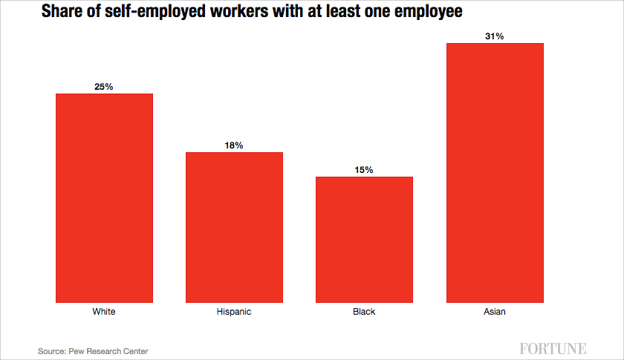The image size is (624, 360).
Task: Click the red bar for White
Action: coord(104,198)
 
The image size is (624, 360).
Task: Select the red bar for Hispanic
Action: coord(234,227)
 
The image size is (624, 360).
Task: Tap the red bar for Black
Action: coord(364,240)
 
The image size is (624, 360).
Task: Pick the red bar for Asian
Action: coord(495,173)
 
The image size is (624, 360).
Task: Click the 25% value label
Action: coord(104,87)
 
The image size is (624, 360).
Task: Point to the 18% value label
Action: coord(234,145)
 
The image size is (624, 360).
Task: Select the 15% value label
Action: coord(364,170)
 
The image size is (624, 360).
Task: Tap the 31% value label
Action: coord(495,36)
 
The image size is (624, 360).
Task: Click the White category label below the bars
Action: coord(104,312)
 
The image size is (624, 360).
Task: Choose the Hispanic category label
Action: coord(234,312)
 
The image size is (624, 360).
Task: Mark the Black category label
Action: coord(364,312)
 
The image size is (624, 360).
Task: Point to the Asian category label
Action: coord(495,312)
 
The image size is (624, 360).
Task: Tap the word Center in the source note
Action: coord(134,350)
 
